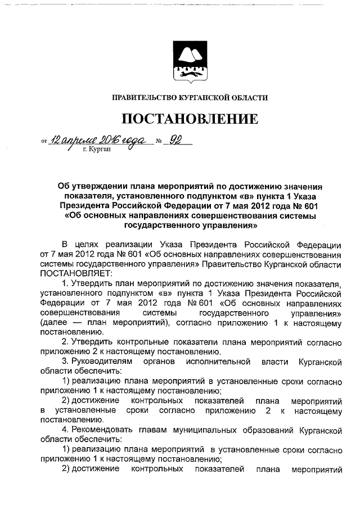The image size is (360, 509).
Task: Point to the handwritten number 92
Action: [177, 141]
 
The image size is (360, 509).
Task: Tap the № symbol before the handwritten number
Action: [159, 143]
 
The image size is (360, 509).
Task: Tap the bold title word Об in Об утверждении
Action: [64, 186]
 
